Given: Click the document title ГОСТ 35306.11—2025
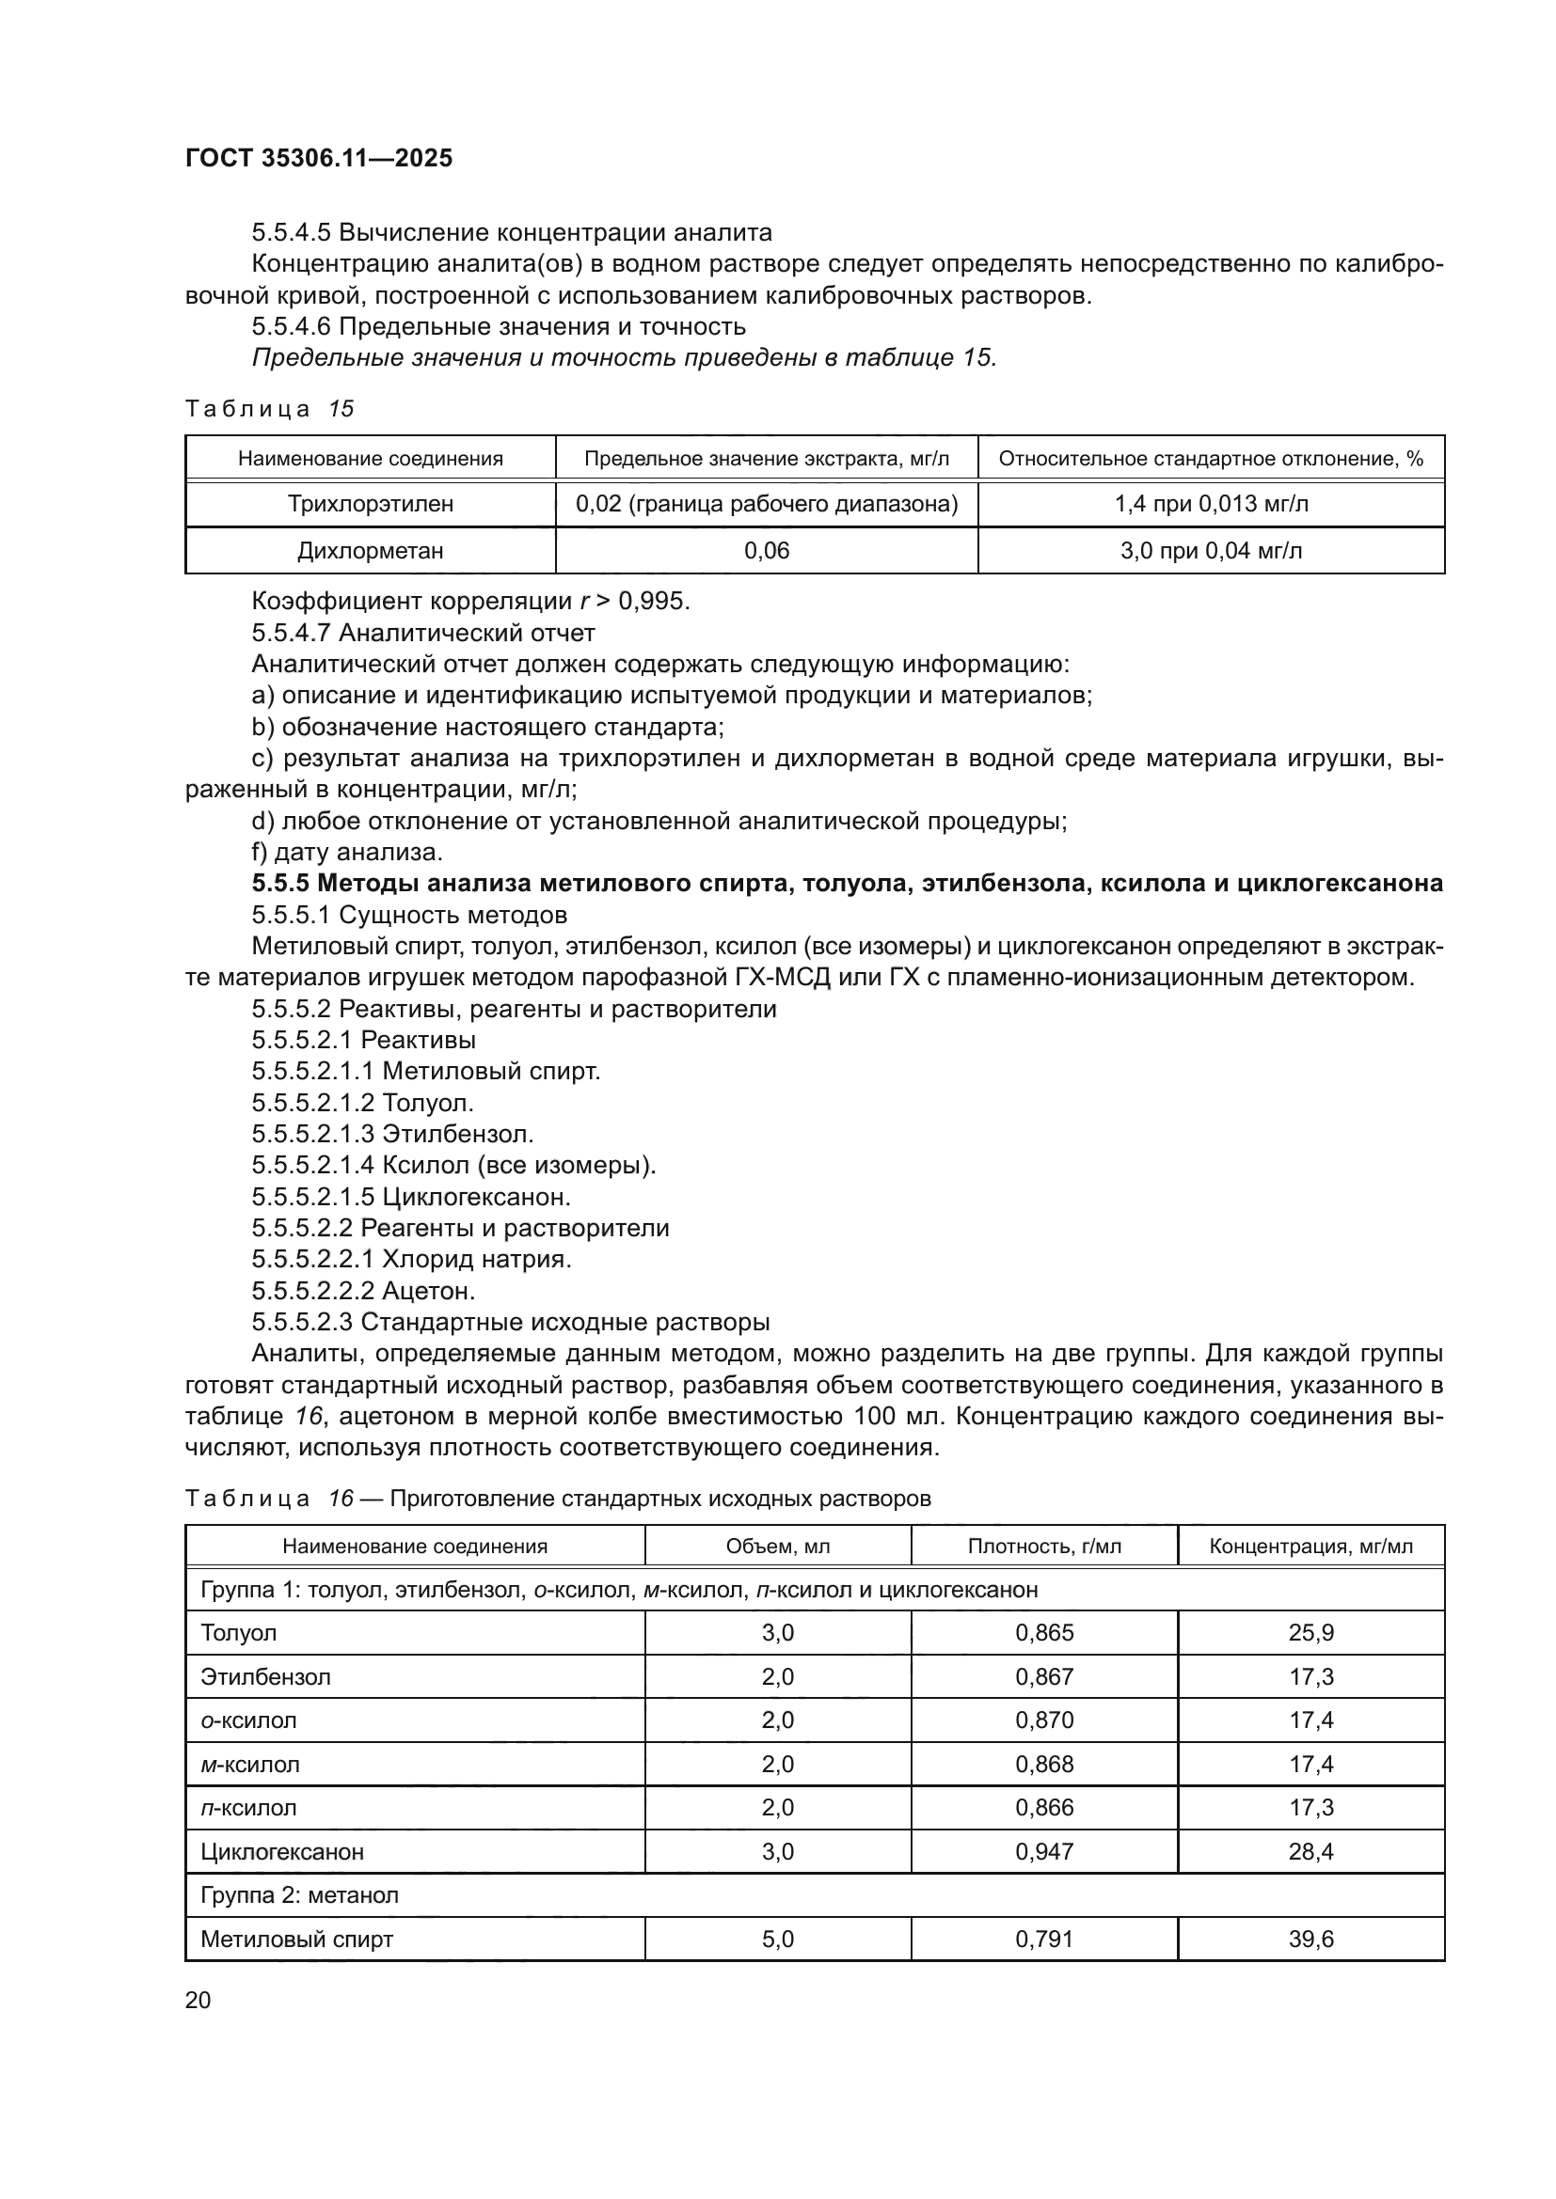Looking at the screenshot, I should tap(318, 158).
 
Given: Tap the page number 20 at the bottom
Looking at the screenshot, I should tap(198, 2000).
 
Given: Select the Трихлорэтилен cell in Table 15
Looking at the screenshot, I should tap(370, 504).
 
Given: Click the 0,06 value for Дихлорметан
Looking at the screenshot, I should tap(767, 551).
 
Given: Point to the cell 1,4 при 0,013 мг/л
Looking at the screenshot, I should tap(1211, 504).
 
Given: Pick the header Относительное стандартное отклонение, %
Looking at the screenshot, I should tap(1211, 459).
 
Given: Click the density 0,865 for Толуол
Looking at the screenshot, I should tap(1044, 1633).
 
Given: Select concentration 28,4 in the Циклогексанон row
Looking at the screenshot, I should tap(1310, 1851).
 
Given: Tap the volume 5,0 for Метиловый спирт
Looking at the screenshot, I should tap(777, 1940).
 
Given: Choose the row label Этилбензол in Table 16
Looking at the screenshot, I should tap(265, 1677).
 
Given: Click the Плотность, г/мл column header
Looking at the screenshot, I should tap(1044, 1547).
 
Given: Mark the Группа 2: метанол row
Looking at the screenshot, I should tap(299, 1895).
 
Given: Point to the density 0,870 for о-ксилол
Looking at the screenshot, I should tap(1044, 1720).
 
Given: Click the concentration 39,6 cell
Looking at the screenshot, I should tap(1310, 1940).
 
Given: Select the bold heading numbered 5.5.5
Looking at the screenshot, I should tap(847, 883).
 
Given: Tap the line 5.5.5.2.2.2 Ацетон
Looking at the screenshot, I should tap(363, 1291).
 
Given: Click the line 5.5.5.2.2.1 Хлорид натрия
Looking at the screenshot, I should tap(411, 1260).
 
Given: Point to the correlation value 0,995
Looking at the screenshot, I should tap(653, 602).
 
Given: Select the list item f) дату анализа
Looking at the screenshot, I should tap(347, 852).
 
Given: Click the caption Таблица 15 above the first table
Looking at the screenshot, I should tap(269, 409).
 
